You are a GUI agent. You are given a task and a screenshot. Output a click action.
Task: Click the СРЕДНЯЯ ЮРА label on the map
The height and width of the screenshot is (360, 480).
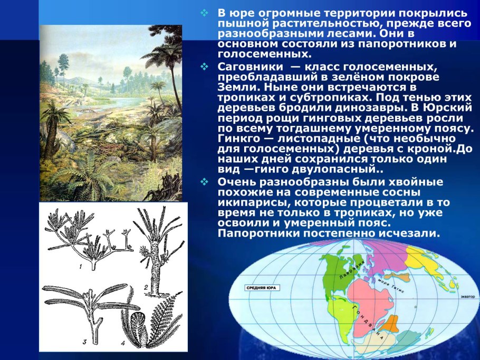coord(261,288)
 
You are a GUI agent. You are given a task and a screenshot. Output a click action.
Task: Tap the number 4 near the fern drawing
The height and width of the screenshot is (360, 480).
coord(122,343)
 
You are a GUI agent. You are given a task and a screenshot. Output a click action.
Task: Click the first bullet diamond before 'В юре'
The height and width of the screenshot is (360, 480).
coord(206,12)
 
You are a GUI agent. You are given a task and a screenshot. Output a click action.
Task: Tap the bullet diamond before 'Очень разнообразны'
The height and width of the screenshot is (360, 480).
coord(206,181)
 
